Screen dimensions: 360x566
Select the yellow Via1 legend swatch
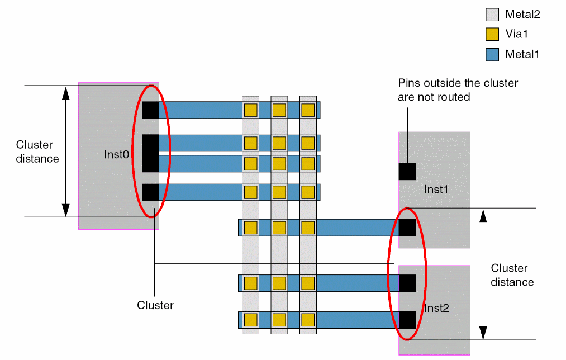[x=492, y=34]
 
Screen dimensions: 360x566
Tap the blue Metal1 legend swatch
[x=492, y=54]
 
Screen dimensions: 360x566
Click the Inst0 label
[x=117, y=154]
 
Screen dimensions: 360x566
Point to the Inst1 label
[x=436, y=189]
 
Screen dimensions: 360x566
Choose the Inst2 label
[x=437, y=308]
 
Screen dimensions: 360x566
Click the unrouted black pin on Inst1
[x=407, y=171]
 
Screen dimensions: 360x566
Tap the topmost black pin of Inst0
[x=150, y=110]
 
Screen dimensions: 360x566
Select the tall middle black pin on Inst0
[x=150, y=153]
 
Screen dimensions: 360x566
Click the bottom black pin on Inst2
[x=407, y=320]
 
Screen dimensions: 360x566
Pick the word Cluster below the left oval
[x=155, y=305]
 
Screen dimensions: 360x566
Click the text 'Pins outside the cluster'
[x=458, y=83]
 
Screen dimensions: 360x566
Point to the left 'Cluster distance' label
[x=37, y=151]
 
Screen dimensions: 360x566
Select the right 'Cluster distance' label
[x=512, y=275]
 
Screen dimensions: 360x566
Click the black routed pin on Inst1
[x=407, y=228]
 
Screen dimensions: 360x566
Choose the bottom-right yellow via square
[x=307, y=320]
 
